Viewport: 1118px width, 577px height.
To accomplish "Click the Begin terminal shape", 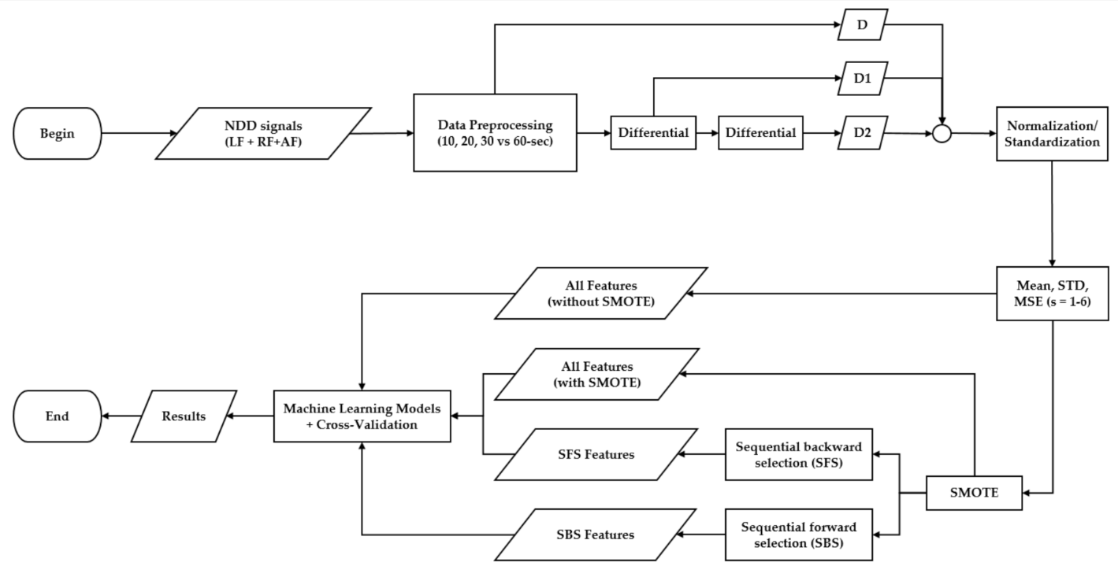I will pos(58,133).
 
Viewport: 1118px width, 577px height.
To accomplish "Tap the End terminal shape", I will pos(58,416).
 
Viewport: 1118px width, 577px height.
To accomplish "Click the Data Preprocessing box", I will pos(495,133).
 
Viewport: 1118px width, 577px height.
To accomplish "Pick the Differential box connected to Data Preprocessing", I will pos(655,133).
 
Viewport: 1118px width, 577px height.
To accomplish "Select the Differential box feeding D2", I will pos(760,133).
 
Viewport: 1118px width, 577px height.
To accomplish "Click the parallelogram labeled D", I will pos(862,24).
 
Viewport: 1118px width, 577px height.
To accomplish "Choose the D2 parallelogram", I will pos(862,133).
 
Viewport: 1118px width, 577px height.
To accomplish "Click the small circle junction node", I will pos(942,134).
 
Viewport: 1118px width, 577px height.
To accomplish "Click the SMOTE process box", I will pos(974,494).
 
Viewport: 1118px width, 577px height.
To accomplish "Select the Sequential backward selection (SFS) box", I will pos(798,454).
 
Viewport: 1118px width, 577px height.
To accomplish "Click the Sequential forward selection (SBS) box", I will pos(798,534).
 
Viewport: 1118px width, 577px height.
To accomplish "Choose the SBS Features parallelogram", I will pos(595,534).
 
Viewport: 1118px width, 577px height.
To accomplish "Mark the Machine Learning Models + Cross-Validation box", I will pos(362,416).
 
